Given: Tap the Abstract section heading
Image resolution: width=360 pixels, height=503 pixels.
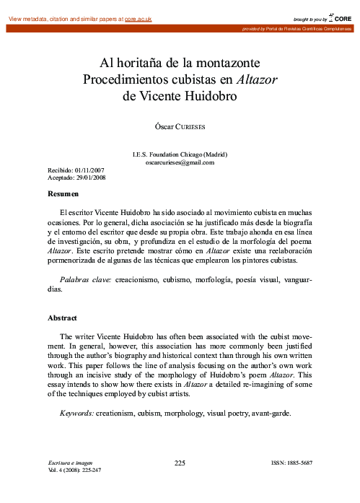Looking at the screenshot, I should [x=63, y=318].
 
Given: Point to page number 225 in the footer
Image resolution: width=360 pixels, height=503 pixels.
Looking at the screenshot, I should [x=180, y=463].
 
